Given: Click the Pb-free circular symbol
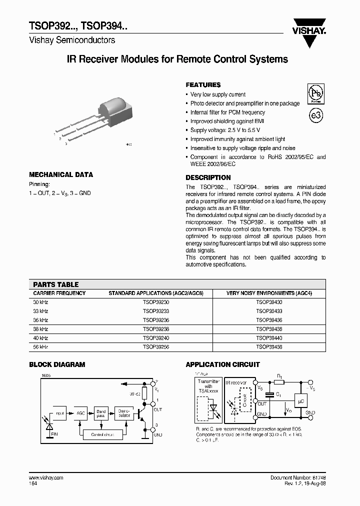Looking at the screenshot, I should coord(315,93).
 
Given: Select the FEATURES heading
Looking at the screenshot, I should coord(203,85).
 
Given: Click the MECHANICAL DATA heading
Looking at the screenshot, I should coord(61,174).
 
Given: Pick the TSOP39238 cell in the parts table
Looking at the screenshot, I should coord(156,329).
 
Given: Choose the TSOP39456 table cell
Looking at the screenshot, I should coord(269,346).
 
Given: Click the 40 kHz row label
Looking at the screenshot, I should coord(40,338).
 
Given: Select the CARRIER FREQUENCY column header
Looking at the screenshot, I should coord(59,293).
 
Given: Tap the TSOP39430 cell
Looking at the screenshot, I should coord(269,302).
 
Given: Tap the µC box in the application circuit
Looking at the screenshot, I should coord(301,400).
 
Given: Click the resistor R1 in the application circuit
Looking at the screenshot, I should coord(279,382).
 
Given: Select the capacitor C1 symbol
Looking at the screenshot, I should coord(269,394).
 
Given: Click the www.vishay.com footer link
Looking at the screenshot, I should coord(46,477).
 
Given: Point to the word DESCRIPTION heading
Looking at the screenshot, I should coord(208,177).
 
